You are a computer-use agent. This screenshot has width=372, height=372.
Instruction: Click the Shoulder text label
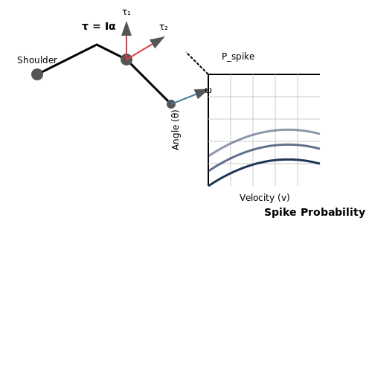coord(37,60)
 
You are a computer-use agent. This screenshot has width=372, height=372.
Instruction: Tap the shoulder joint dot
coord(37,74)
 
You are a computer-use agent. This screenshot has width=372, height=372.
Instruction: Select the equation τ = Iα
coord(99,26)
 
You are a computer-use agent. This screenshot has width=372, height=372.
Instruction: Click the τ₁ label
coord(126,12)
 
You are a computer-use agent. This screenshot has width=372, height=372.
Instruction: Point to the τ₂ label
coord(164,27)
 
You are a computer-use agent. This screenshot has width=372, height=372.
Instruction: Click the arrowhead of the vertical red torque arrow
coord(126,28)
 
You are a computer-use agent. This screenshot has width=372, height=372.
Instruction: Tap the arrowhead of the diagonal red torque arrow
coord(157,42)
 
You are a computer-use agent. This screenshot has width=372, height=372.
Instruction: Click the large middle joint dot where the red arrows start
coord(126,60)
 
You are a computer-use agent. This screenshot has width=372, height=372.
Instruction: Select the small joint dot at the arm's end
coord(171,104)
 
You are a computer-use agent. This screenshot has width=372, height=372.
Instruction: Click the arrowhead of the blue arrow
coord(200,93)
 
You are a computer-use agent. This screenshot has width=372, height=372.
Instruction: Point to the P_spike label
coord(238,57)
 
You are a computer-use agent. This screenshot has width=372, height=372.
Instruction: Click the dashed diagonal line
coord(197,63)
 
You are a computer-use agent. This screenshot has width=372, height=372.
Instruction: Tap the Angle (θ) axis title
coord(176,130)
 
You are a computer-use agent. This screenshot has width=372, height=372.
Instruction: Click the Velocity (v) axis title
coord(264,198)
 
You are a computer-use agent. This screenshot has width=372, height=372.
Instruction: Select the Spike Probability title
coord(315,212)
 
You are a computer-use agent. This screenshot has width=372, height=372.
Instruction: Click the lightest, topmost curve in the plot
coord(264,132)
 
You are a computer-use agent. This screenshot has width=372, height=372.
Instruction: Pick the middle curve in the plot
coord(264,147)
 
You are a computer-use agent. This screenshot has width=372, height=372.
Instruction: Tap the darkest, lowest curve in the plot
coord(264,162)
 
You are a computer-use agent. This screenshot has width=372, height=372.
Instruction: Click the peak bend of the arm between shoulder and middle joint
coord(97,45)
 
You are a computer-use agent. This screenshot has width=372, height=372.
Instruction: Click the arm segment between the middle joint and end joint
coord(149,82)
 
